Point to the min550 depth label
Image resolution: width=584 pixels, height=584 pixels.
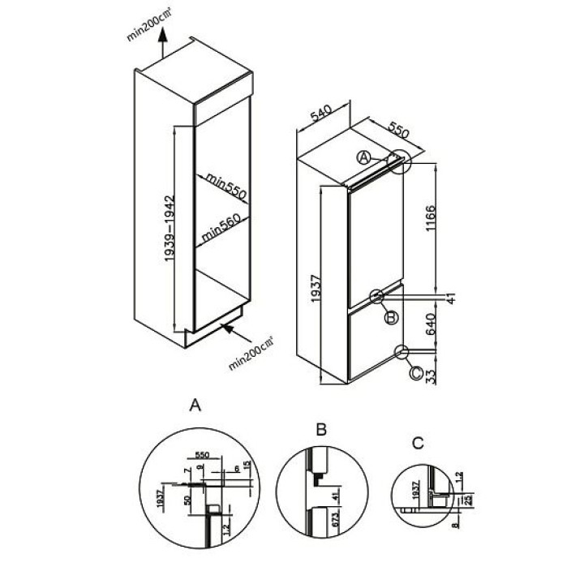click(x=225, y=185)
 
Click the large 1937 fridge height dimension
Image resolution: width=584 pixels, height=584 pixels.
click(x=317, y=289)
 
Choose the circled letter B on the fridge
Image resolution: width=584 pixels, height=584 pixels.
click(x=391, y=318)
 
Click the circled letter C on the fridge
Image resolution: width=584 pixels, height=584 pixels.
click(x=415, y=373)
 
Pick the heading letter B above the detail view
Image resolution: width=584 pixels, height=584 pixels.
click(x=321, y=429)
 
